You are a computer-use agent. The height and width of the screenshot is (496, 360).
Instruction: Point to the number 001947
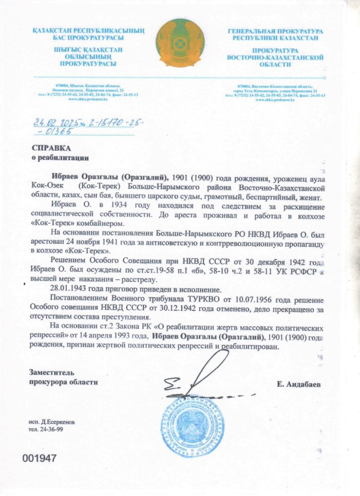click(40, 459)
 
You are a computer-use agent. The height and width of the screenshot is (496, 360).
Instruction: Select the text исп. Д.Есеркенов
click(52, 422)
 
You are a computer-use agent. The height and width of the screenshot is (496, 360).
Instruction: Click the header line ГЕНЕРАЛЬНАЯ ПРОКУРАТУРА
click(276, 31)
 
